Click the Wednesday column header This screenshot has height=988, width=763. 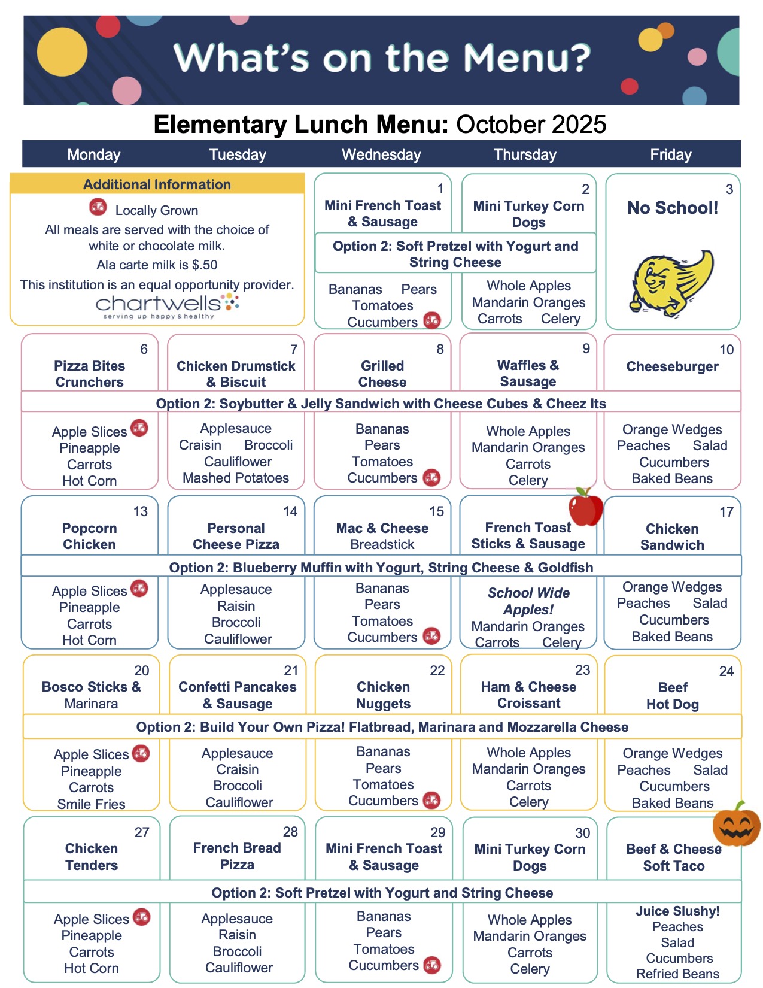point(381,154)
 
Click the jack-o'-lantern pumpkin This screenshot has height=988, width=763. point(736,825)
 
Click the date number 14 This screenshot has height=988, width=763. point(290,511)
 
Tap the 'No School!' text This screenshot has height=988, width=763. point(672,208)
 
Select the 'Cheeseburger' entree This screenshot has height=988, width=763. point(672,366)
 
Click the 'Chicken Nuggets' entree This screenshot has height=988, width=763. point(383,695)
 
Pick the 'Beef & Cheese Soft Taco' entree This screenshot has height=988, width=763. point(673,857)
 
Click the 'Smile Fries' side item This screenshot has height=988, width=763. point(91,804)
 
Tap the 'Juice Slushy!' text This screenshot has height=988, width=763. point(677,911)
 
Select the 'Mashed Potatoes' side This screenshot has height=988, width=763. point(236,478)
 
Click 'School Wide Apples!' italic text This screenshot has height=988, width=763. point(528,601)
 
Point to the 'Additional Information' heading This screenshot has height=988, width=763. point(157,184)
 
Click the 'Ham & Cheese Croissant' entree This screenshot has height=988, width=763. point(528,695)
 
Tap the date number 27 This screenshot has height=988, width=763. point(142,832)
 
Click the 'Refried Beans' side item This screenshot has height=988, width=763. point(677,974)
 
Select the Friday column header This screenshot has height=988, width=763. point(670,154)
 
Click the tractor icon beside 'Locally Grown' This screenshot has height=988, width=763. point(98,208)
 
